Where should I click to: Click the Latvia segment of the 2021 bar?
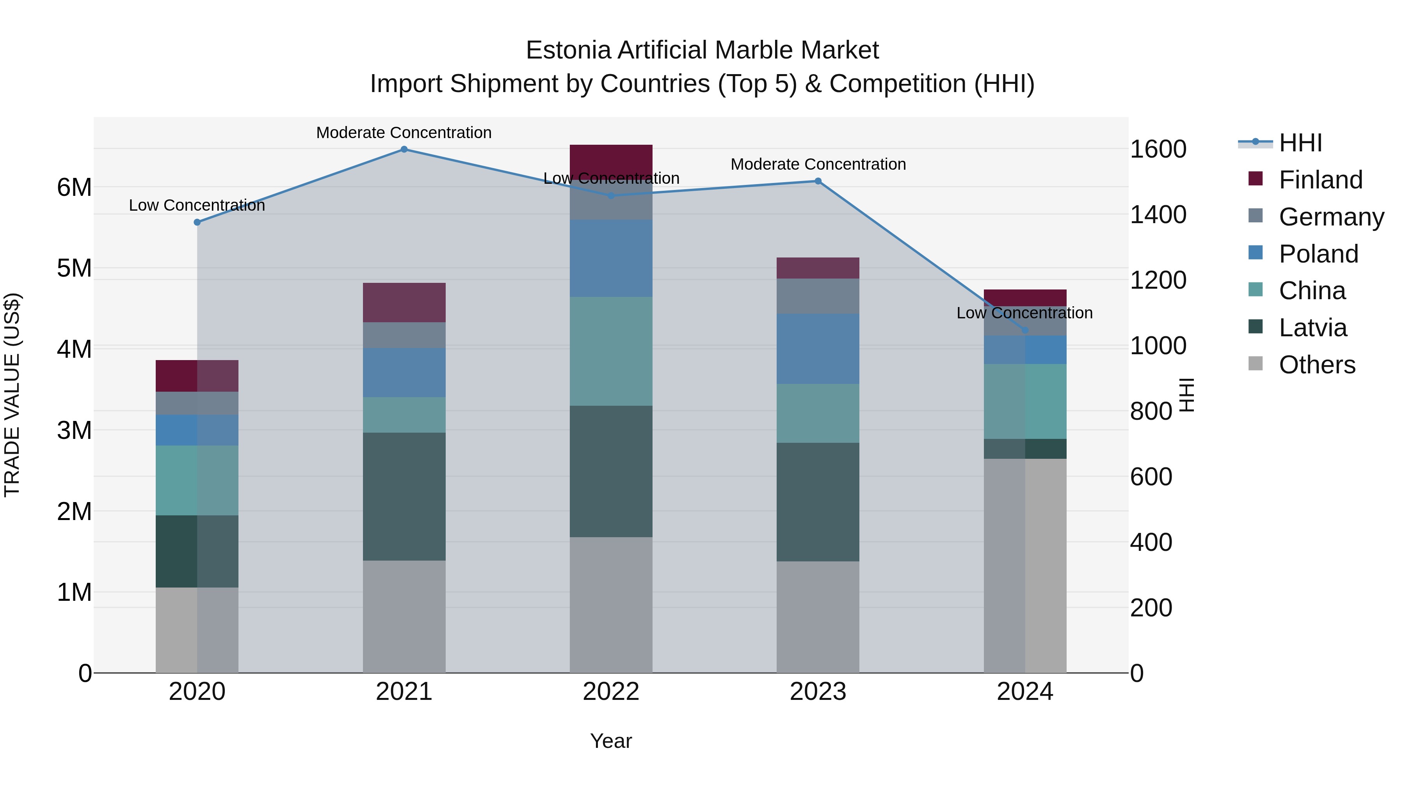[x=404, y=497]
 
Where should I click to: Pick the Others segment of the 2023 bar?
[x=818, y=617]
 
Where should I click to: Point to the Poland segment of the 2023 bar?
[x=818, y=349]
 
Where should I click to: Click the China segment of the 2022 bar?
[x=611, y=352]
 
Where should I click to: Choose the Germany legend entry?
[x=1331, y=217]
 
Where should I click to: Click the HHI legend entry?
[x=1300, y=143]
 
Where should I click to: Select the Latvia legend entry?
[x=1312, y=328]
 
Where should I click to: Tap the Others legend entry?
[x=1317, y=365]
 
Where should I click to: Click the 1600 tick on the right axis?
[x=1158, y=149]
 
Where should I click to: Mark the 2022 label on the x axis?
[x=611, y=692]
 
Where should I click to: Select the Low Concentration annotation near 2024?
[x=1024, y=313]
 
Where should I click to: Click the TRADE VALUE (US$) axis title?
[x=12, y=395]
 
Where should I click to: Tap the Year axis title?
[x=611, y=741]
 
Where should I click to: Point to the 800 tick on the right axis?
[x=1151, y=412]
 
